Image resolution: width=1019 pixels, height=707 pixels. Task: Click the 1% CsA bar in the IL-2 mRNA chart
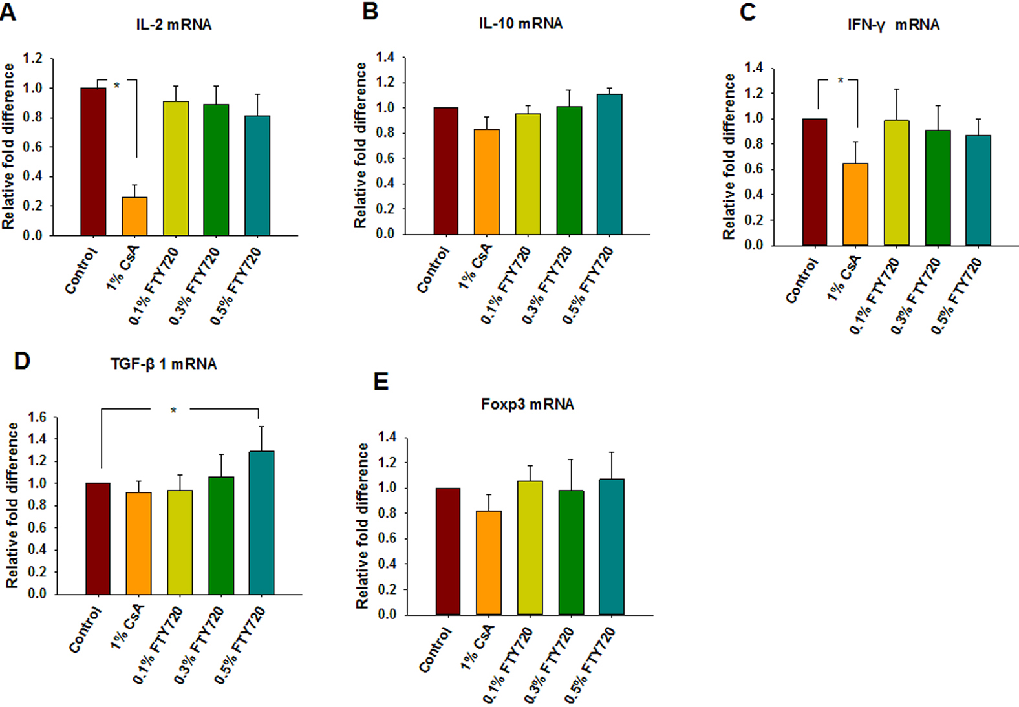click(x=134, y=216)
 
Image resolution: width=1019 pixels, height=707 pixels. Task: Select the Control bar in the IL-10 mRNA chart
click(x=445, y=171)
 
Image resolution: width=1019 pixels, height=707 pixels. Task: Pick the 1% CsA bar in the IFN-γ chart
click(x=855, y=204)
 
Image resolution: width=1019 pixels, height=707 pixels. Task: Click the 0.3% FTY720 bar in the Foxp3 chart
click(x=571, y=553)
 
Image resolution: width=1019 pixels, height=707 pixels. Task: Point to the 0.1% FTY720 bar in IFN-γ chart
click(x=896, y=183)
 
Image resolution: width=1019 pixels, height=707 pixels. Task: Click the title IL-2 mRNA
click(x=174, y=25)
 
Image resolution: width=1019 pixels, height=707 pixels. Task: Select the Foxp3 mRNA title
click(x=528, y=405)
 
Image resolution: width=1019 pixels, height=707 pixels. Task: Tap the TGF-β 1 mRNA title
click(x=164, y=364)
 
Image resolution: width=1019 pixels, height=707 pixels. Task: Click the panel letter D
click(x=22, y=361)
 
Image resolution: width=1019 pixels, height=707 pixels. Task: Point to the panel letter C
click(x=747, y=12)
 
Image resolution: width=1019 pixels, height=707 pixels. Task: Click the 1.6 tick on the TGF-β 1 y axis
click(x=38, y=417)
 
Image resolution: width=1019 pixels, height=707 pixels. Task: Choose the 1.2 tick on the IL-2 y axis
click(x=33, y=59)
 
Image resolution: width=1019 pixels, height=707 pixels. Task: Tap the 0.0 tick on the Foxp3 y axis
click(x=387, y=615)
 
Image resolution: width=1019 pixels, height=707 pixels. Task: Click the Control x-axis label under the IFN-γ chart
click(x=802, y=280)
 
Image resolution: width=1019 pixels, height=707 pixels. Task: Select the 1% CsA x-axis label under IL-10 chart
click(x=475, y=266)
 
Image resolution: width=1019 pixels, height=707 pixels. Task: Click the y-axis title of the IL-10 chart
click(x=360, y=145)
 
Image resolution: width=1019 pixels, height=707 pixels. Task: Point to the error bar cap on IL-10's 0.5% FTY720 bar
click(x=609, y=89)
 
